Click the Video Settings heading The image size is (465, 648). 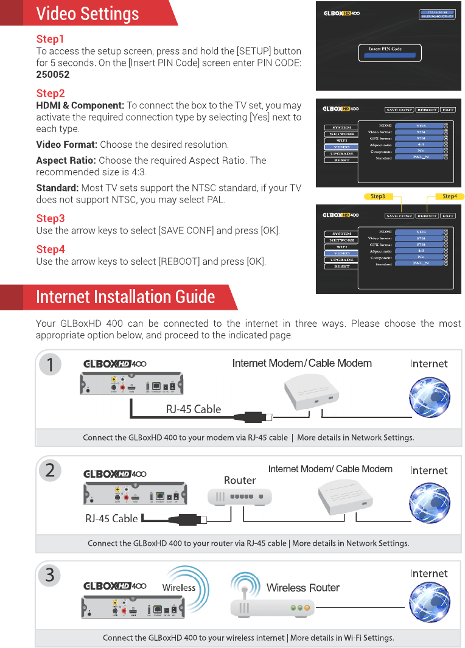[87, 13]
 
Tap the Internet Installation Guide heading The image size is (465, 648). [125, 297]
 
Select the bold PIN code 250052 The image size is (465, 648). [53, 75]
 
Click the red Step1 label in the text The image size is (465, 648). [50, 40]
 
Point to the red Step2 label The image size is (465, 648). [51, 94]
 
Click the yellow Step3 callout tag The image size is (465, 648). [378, 197]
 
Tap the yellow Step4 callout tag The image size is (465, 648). [450, 197]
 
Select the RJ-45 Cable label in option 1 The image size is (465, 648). [194, 409]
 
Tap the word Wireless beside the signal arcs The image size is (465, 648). [179, 588]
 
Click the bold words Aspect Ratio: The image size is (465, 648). [66, 161]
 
